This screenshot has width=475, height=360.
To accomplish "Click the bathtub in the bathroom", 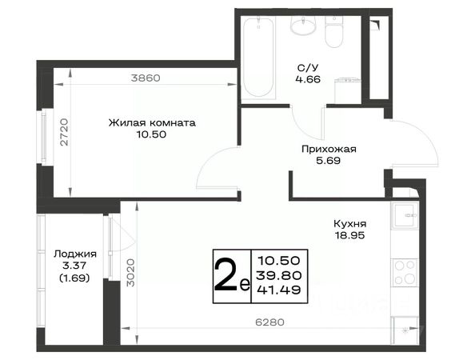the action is tap(258, 58).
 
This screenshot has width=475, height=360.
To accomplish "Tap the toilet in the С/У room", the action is tap(334, 32).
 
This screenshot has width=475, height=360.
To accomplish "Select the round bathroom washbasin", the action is tap(303, 25).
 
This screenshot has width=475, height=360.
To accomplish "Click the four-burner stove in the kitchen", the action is tap(405, 273).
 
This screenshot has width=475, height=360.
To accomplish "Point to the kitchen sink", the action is tap(405, 215).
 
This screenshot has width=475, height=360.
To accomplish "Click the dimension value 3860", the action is tap(146, 78).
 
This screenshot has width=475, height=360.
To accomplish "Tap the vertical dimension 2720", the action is tap(64, 132).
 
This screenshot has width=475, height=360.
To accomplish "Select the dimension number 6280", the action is tap(270, 322).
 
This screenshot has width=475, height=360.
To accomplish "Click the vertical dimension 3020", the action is tap(130, 273).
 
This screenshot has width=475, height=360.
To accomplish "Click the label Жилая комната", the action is tap(152, 123).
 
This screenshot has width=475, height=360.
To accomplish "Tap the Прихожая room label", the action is tap(329, 149).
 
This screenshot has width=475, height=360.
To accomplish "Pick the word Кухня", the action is tap(350, 224).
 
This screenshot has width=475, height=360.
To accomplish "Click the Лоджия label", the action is tap(75, 254).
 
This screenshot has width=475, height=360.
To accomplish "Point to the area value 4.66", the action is tap(308, 79).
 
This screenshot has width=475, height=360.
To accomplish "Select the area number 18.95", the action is tap(350, 235).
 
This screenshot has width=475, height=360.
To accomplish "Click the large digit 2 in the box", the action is tap(226, 275).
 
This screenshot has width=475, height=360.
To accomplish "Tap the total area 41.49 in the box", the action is tap(279, 290).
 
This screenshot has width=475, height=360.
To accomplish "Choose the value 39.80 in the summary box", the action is tap(279, 275).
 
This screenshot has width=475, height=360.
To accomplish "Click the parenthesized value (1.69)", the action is tap(74, 278).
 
